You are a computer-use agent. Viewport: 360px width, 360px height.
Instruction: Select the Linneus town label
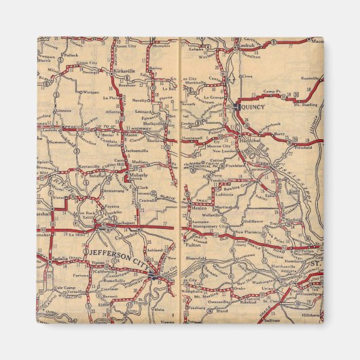(x=65, y=110)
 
